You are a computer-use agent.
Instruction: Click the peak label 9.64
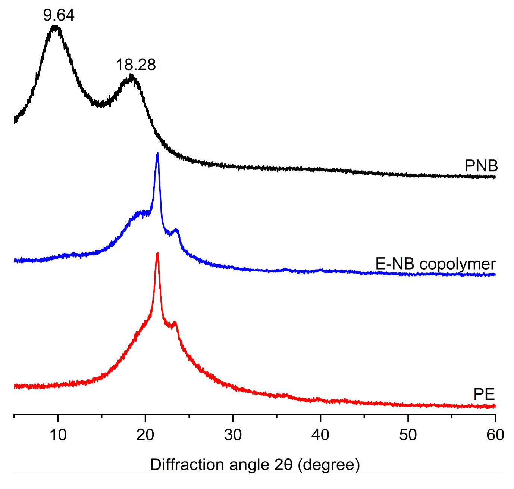coord(59,15)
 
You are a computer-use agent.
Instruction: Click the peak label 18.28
coord(136,65)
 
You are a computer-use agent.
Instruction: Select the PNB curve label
coord(481,166)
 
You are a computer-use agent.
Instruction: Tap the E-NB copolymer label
coord(435,264)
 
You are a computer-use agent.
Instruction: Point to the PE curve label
coord(484,394)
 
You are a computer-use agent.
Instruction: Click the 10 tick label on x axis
coord(58,435)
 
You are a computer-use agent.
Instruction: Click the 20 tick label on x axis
coord(145,435)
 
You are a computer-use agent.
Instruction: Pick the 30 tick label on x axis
coord(233,435)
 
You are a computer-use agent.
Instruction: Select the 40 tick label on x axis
coord(320,435)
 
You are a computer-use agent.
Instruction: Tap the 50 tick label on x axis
coord(408,435)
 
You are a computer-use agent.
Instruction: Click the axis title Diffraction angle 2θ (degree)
coord(255,465)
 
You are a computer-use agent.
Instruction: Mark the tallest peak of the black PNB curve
coord(56,27)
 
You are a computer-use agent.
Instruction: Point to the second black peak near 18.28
coord(131,76)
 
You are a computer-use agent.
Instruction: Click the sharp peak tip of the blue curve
coord(157,153)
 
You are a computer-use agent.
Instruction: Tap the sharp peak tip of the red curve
coord(157,253)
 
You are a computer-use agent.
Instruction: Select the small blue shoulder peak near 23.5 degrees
coord(176,230)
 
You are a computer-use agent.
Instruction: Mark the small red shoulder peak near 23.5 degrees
coord(175,322)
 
